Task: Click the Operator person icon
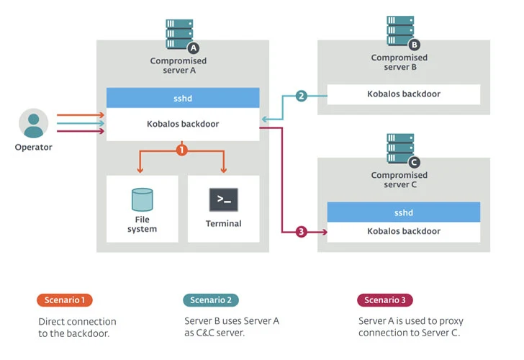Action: pyautogui.click(x=33, y=123)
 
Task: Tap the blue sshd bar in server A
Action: pyautogui.click(x=183, y=98)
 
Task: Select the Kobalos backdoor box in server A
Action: pyautogui.click(x=183, y=124)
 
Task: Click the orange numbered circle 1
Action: pyautogui.click(x=182, y=150)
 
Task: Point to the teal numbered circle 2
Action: pyautogui.click(x=301, y=96)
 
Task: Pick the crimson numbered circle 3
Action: pyautogui.click(x=301, y=231)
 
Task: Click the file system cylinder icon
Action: pyautogui.click(x=142, y=199)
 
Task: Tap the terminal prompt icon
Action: pyautogui.click(x=223, y=199)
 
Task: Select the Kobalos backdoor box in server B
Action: pyautogui.click(x=403, y=94)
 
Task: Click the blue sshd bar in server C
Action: pyautogui.click(x=403, y=212)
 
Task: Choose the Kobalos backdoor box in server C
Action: pyautogui.click(x=403, y=231)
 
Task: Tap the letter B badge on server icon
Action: pyautogui.click(x=414, y=44)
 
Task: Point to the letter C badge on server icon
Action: pyautogui.click(x=414, y=162)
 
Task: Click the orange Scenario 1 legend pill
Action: pyautogui.click(x=64, y=300)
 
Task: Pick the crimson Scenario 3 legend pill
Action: pyautogui.click(x=385, y=300)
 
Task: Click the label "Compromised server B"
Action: pyautogui.click(x=399, y=63)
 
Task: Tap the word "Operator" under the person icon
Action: pyautogui.click(x=33, y=148)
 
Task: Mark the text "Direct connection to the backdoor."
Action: pyautogui.click(x=77, y=327)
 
